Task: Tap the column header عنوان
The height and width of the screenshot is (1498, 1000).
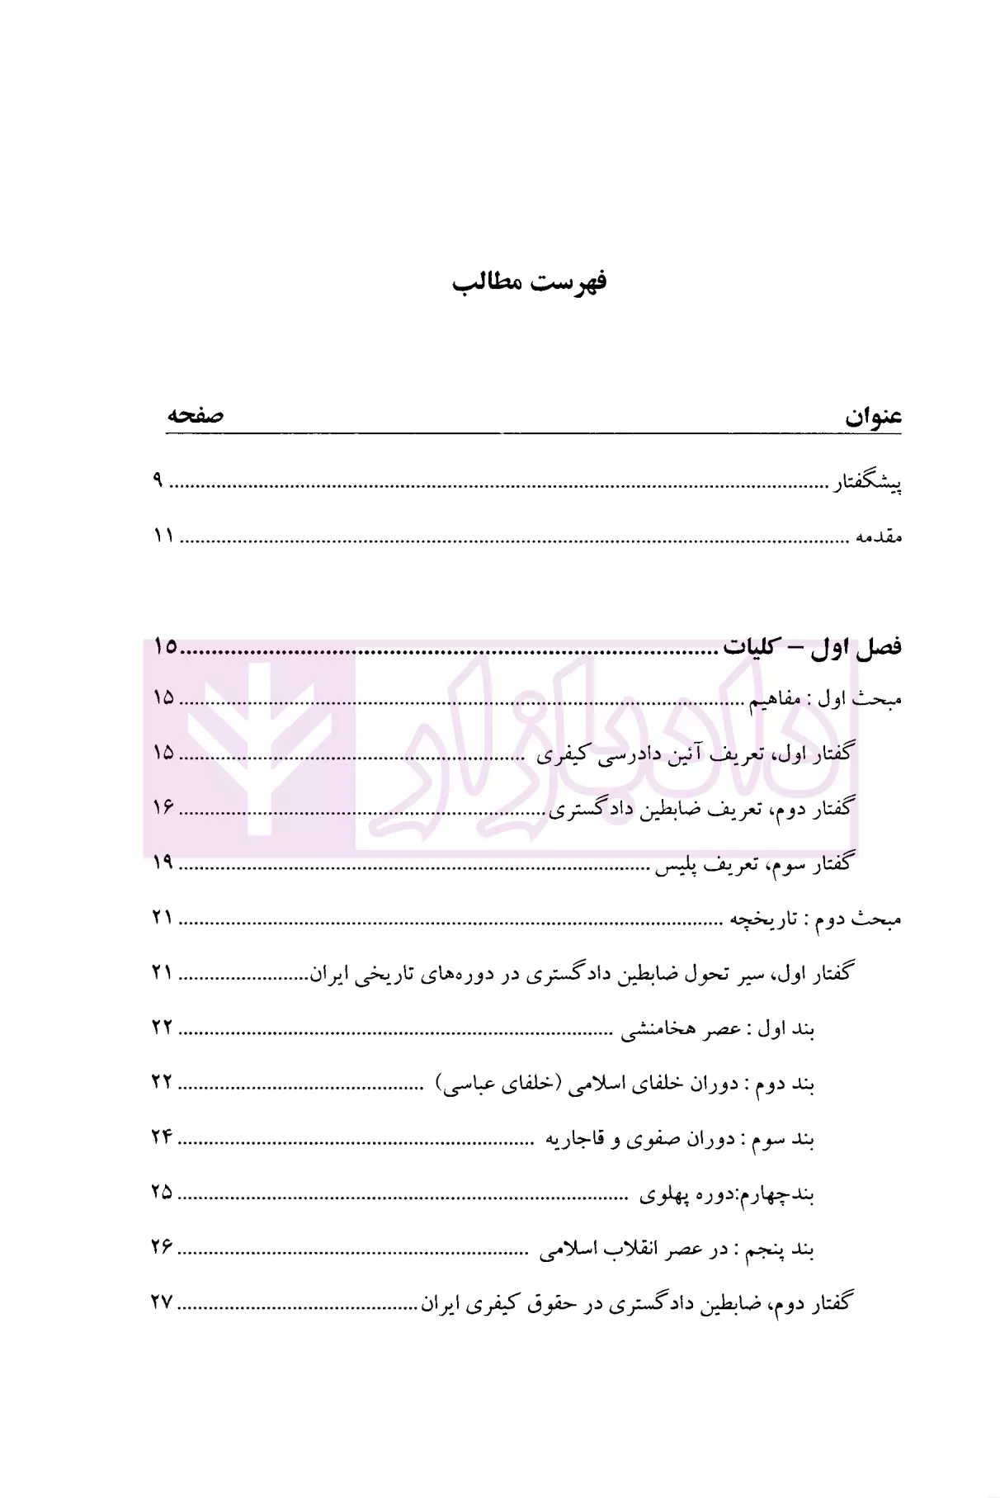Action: pos(872,417)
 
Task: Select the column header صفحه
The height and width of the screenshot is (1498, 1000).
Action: pos(196,415)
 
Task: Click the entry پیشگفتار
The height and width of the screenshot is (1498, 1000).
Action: pos(866,484)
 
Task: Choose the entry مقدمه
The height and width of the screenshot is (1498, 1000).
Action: pos(878,536)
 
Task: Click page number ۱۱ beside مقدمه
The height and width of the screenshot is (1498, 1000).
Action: pos(163,536)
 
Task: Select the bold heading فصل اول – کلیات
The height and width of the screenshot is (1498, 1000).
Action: pos(812,647)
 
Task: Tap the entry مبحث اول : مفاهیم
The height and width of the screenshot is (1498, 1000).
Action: pos(825,699)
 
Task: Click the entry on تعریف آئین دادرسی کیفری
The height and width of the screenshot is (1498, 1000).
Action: pos(696,754)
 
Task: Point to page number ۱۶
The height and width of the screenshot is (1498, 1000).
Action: pos(163,807)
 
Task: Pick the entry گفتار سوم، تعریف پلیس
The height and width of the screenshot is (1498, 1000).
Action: pos(752,864)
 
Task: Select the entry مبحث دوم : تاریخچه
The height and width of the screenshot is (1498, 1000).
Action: pos(815,918)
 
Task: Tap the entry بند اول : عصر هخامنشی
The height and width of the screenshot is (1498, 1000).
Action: pos(718,1029)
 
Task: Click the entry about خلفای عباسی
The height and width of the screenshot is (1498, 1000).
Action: pos(625,1085)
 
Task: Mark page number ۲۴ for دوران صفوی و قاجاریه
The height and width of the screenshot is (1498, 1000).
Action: pos(163,1136)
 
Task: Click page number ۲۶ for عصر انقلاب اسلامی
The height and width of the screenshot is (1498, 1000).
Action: pos(163,1247)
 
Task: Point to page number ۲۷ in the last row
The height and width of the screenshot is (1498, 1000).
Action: pos(163,1302)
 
